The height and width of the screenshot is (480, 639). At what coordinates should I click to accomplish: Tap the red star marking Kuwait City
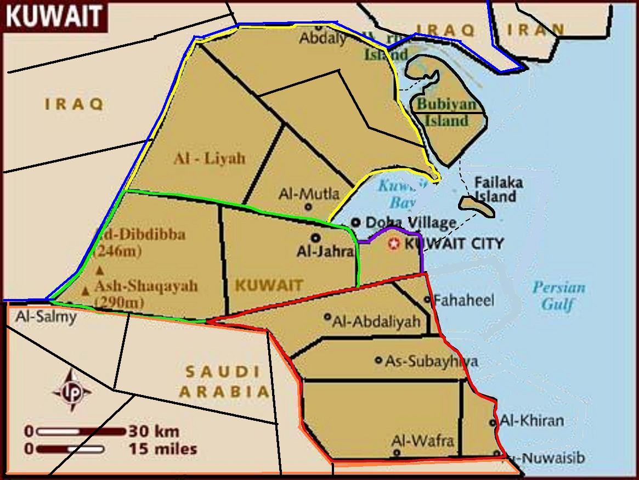pos(393,244)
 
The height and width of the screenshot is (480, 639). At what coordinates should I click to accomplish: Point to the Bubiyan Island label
pos(443,112)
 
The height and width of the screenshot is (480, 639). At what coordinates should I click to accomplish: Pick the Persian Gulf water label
pos(558,296)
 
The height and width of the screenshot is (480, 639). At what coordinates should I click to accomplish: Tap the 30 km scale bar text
pos(154,431)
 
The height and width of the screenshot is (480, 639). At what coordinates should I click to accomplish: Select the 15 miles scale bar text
pos(163,449)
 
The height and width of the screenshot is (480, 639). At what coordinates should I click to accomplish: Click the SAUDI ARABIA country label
pos(225,382)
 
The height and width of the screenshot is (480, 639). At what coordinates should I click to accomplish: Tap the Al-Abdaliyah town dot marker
pos(327,317)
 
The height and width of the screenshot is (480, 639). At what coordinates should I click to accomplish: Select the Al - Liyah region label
pos(210,159)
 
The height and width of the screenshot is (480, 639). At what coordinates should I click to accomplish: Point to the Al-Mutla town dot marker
pos(308,207)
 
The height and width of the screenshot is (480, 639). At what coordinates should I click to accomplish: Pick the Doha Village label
pos(410,223)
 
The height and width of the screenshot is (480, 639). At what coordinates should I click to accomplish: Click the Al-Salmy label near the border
pos(46,317)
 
